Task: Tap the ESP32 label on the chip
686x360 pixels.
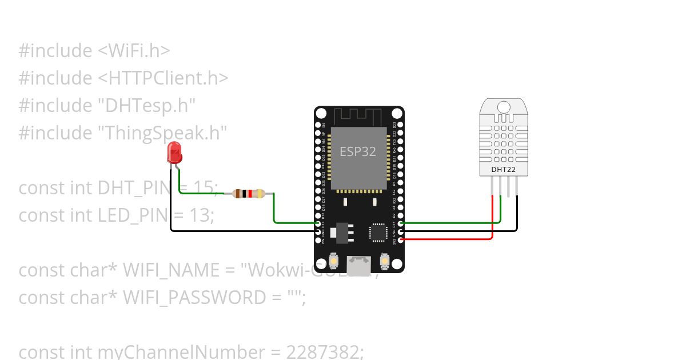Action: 358,151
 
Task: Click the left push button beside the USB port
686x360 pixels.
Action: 333,262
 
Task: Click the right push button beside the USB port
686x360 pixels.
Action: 385,262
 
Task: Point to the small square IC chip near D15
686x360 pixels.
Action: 377,233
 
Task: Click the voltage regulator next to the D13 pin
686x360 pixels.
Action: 342,231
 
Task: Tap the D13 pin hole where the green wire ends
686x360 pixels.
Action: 318,225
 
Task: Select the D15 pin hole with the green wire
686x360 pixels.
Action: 400,225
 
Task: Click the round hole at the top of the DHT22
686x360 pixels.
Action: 504,107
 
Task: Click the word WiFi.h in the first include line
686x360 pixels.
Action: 138,50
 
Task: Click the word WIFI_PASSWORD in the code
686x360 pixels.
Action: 195,297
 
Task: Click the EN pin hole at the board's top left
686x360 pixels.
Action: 318,125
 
